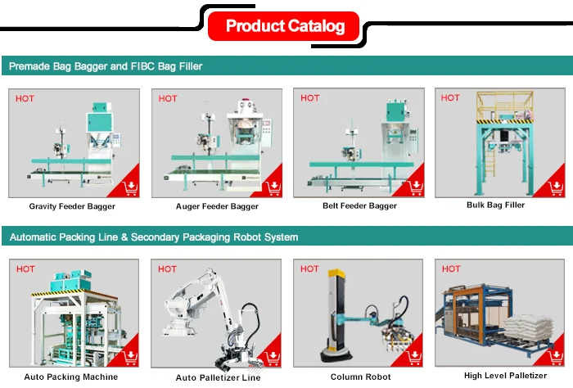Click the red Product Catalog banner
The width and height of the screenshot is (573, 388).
tap(285, 26)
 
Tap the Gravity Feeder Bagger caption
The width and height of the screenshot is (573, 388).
tap(71, 206)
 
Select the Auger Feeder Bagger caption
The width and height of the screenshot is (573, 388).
tap(217, 206)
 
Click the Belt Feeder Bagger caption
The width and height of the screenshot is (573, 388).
tap(359, 205)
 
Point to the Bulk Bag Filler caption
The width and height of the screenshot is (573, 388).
tap(495, 205)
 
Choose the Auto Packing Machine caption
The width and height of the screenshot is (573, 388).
tap(71, 377)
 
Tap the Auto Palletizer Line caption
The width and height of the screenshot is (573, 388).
tap(218, 377)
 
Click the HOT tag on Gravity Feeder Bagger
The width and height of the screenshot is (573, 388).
tap(25, 98)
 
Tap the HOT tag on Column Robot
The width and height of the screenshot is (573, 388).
tap(309, 268)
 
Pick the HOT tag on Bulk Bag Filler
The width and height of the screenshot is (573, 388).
tap(450, 97)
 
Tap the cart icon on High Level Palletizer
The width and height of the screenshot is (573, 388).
tap(554, 357)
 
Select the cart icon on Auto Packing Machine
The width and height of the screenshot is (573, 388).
tap(129, 358)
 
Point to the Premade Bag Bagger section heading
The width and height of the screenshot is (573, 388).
tap(106, 65)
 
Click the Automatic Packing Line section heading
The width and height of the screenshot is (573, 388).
tap(154, 237)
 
